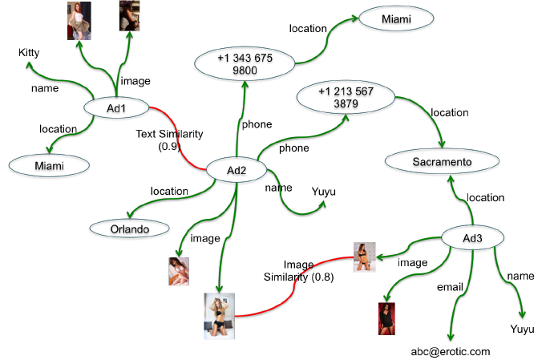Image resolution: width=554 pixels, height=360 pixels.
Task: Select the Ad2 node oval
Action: pyautogui.click(x=236, y=170)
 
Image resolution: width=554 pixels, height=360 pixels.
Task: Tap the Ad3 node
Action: pyautogui.click(x=474, y=237)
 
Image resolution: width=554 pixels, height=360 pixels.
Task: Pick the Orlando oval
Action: pyautogui.click(x=130, y=229)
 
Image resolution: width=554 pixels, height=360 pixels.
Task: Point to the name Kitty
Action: pyautogui.click(x=30, y=53)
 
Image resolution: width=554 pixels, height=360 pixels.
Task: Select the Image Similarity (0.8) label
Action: pyautogui.click(x=299, y=271)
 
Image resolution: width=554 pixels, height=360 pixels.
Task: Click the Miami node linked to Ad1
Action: pyautogui.click(x=49, y=165)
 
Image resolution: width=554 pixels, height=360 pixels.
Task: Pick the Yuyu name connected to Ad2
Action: pyautogui.click(x=323, y=192)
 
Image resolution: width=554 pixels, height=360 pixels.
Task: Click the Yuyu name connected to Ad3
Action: pyautogui.click(x=522, y=329)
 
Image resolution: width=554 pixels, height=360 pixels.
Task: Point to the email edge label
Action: pyautogui.click(x=450, y=286)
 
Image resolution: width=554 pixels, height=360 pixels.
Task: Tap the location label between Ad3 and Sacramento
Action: pyautogui.click(x=486, y=197)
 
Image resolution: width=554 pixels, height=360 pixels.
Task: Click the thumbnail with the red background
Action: pyautogui.click(x=388, y=318)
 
